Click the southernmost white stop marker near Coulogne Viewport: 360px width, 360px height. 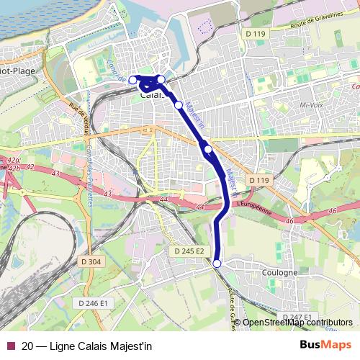(x=217, y=264)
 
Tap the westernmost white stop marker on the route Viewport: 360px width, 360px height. (x=132, y=80)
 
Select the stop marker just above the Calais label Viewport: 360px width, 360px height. (x=162, y=79)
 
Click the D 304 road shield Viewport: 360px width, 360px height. (x=91, y=261)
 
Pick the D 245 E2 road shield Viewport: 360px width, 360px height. (x=189, y=251)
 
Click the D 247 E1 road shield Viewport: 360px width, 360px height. (x=296, y=317)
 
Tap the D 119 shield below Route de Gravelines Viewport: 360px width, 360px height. (x=256, y=34)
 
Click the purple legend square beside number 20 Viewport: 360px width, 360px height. (x=11, y=345)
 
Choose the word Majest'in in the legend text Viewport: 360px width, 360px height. (x=130, y=345)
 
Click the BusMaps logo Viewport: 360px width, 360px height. (x=325, y=345)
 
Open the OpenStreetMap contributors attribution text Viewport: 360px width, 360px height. (x=297, y=322)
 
